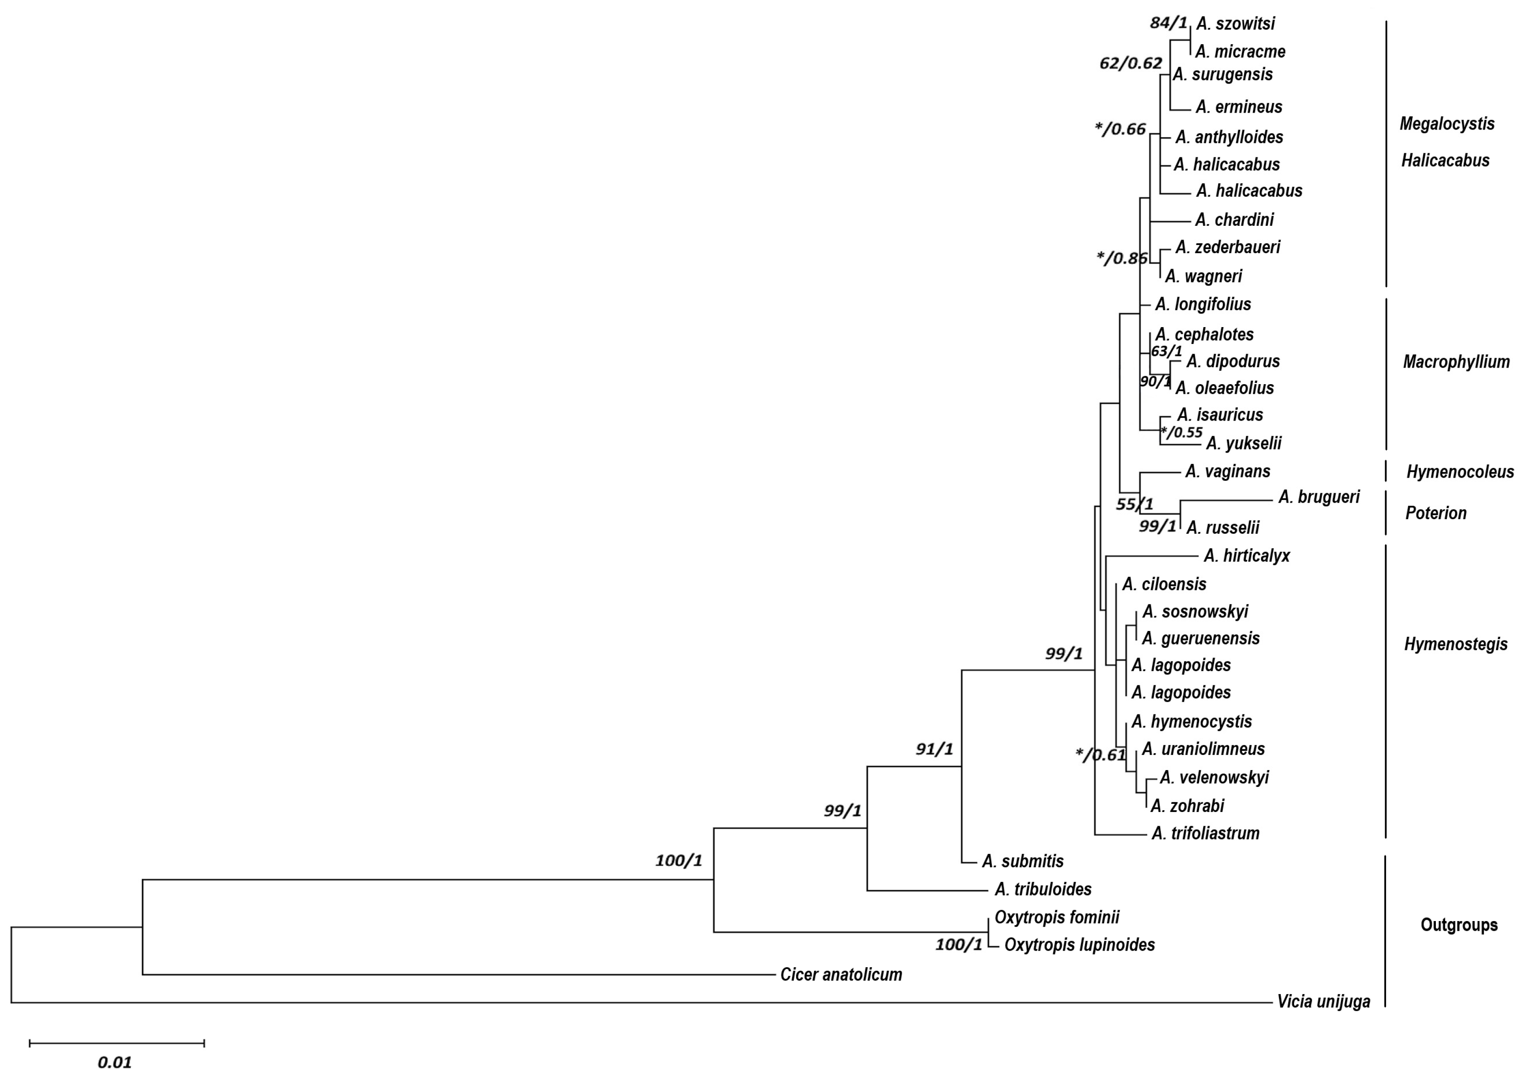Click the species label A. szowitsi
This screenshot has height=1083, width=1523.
click(1235, 24)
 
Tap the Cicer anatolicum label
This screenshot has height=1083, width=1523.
click(841, 975)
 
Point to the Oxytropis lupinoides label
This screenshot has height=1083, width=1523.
click(1079, 945)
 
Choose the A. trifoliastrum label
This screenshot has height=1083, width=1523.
click(1205, 833)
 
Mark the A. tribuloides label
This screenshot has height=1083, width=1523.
click(1043, 890)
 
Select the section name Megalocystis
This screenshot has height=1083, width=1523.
click(1446, 124)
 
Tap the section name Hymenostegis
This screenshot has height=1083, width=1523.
click(1455, 644)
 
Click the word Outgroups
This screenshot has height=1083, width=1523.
click(1459, 925)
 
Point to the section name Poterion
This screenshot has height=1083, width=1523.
click(1436, 514)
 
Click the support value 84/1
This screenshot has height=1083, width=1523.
click(1168, 23)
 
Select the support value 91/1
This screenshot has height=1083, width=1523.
click(934, 750)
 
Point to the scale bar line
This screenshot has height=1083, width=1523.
click(117, 1043)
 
